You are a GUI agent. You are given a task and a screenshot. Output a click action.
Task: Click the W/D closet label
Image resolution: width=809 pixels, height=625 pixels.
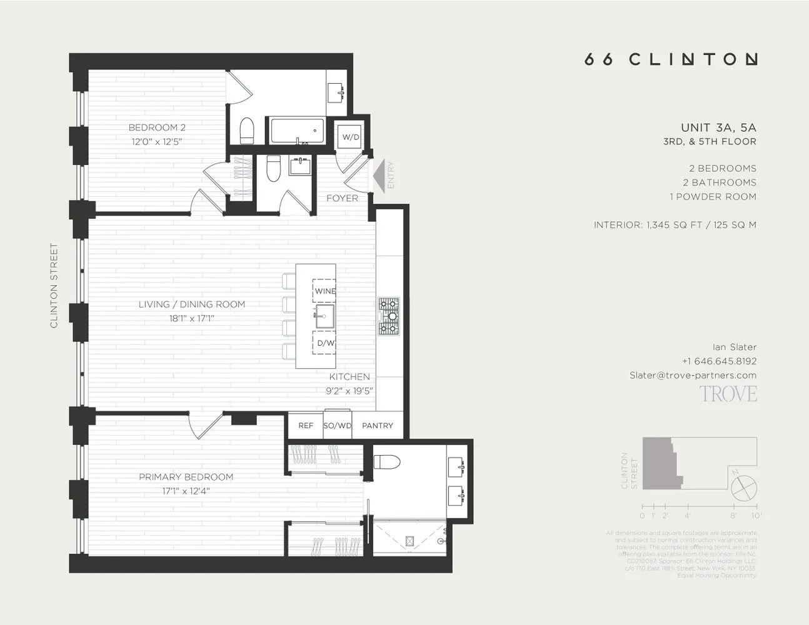coord(350,137)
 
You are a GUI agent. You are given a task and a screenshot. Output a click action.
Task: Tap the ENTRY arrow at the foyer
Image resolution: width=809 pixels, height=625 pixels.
coord(379,176)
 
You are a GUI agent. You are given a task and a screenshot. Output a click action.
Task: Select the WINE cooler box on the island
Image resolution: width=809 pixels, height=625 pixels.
coord(324,291)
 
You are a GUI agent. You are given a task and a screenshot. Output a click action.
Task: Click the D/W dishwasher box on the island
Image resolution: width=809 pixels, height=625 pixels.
coord(324,342)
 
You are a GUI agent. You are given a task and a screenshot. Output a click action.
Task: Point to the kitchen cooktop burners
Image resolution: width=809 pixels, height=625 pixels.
coord(388,316)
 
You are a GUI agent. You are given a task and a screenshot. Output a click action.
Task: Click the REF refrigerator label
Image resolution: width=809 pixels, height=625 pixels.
coord(306,426)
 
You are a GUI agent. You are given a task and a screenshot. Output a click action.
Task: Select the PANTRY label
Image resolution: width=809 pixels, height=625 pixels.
coord(378,426)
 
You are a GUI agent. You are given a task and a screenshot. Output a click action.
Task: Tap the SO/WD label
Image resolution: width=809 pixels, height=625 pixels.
coord(338,426)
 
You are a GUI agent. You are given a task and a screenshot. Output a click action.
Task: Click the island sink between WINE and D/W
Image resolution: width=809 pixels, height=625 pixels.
coord(324,316)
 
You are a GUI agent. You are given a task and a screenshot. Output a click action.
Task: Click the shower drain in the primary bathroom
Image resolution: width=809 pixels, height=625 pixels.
coord(410,541)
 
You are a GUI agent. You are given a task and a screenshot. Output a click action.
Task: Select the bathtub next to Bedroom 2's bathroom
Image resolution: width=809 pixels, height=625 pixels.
coord(297,131)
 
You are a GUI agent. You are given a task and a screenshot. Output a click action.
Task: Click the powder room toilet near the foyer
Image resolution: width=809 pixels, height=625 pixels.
coord(273,169)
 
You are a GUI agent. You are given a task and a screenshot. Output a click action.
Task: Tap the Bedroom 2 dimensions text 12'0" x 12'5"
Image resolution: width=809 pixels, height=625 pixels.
coord(157,141)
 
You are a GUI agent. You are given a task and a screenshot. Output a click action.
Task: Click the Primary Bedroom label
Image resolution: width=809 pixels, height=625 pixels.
coord(186,477)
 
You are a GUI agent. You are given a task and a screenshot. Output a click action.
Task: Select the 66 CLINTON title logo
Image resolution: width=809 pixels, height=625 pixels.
coord(671,59)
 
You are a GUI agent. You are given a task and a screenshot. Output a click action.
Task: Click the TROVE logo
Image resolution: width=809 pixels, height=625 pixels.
coord(728,394)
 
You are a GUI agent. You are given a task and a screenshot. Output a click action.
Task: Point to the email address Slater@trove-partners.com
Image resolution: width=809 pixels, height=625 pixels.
coord(693,375)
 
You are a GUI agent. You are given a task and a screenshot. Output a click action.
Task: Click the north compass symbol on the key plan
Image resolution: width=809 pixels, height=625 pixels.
coord(743,486)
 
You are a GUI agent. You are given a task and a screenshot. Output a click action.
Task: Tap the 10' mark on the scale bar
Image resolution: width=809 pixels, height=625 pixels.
coord(756,516)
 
